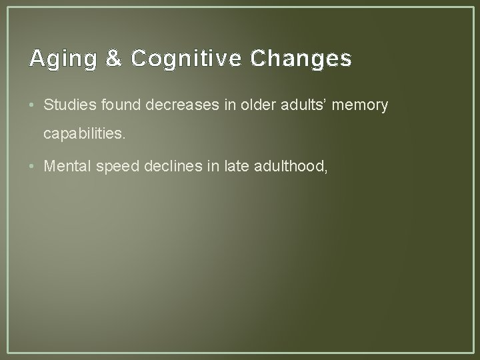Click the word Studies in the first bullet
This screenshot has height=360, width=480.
pos(66,105)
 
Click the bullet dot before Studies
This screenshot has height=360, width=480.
pos(33,105)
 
